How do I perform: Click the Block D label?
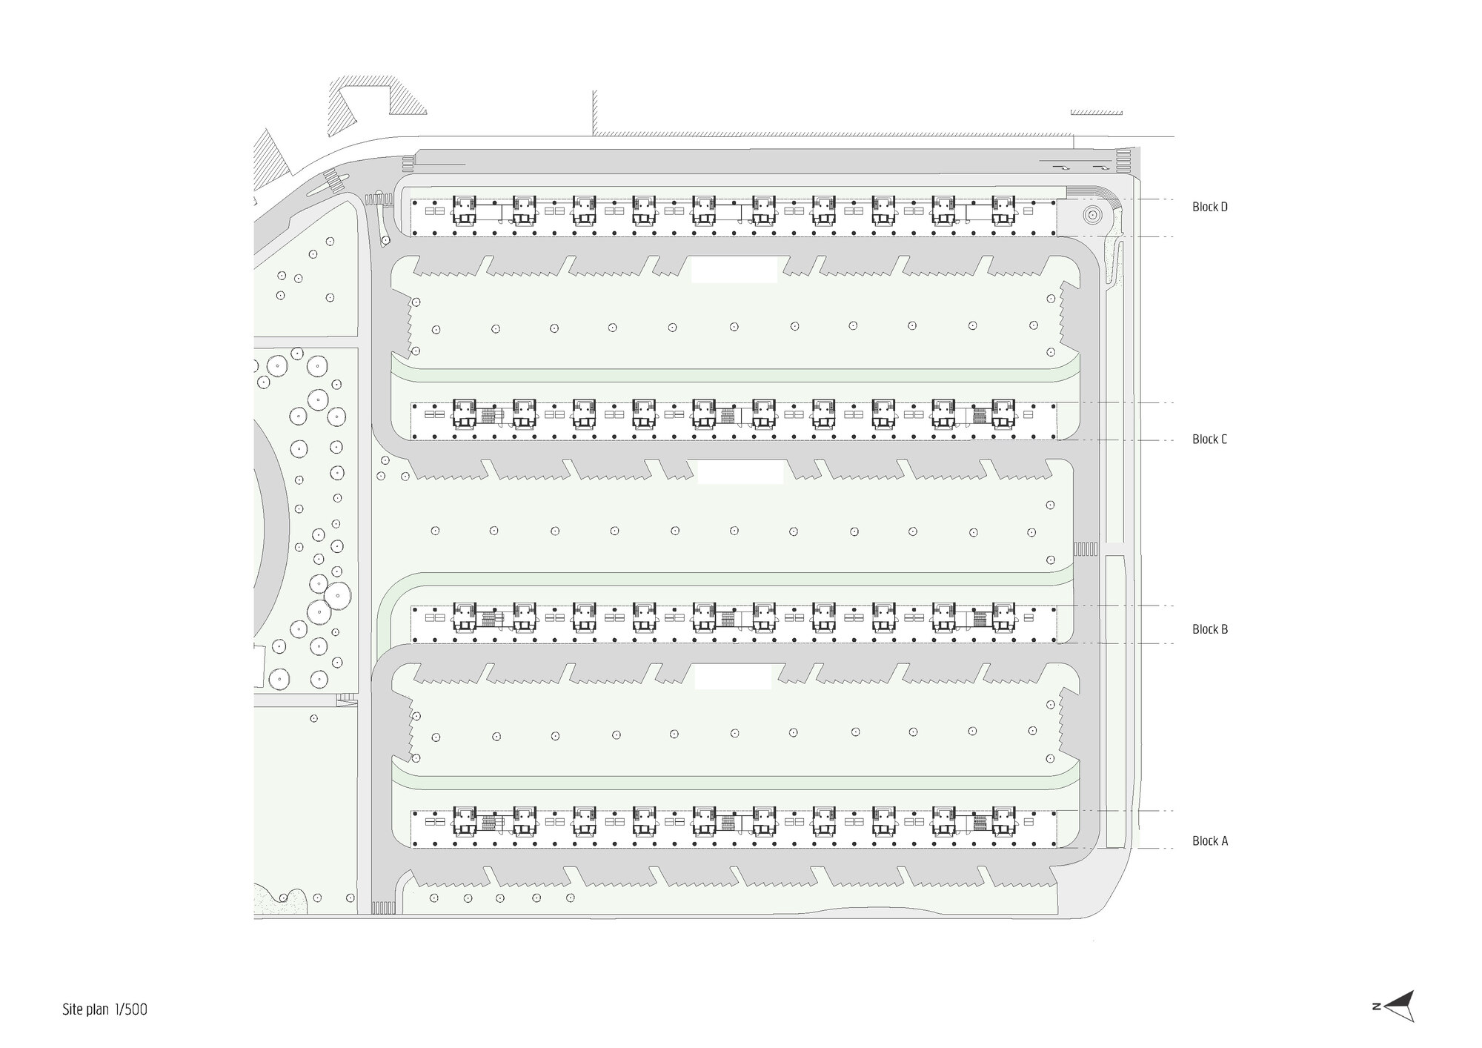[1209, 207]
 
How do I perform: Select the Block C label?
[1209, 440]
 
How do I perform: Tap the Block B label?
[1209, 629]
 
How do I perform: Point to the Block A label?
[1209, 840]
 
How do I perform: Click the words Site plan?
[86, 1009]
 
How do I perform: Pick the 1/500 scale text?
[131, 1009]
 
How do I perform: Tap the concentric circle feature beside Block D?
[1091, 215]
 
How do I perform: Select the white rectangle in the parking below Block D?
[734, 270]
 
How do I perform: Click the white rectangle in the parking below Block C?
[740, 472]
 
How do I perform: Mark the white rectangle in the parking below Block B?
[733, 676]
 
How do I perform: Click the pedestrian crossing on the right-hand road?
[1086, 549]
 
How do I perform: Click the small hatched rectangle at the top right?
[1097, 113]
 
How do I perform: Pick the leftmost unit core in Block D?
[465, 208]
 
